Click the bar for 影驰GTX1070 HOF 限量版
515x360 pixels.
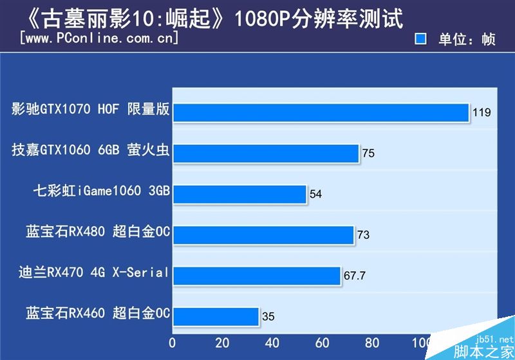click(320, 112)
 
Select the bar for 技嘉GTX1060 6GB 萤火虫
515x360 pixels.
click(265, 153)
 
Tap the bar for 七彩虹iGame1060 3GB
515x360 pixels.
click(239, 194)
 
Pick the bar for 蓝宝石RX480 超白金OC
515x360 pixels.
click(263, 234)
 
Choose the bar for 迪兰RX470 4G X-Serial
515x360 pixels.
click(256, 275)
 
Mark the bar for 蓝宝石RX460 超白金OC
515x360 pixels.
click(215, 316)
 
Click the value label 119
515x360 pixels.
click(482, 113)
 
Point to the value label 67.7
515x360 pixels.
click(355, 276)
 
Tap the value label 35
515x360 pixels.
click(268, 317)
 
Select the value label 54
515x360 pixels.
click(315, 194)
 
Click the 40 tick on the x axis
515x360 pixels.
click(272, 342)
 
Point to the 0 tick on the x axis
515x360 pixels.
click(172, 342)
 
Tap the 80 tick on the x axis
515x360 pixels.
click(372, 342)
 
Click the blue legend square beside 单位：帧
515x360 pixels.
click(422, 39)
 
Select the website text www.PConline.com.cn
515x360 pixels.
click(99, 39)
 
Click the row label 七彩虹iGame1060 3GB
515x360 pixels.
click(101, 191)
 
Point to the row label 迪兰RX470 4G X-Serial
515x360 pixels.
click(94, 272)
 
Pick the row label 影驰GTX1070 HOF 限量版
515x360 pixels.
click(91, 109)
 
